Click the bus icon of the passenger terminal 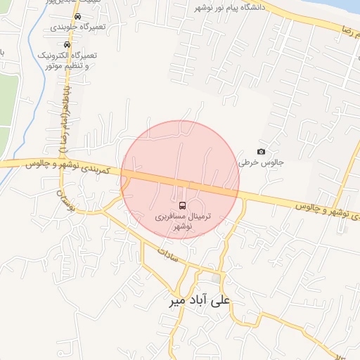pos(183,205)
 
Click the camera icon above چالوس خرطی pos(262,152)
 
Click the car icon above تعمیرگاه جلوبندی pos(77,16)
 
